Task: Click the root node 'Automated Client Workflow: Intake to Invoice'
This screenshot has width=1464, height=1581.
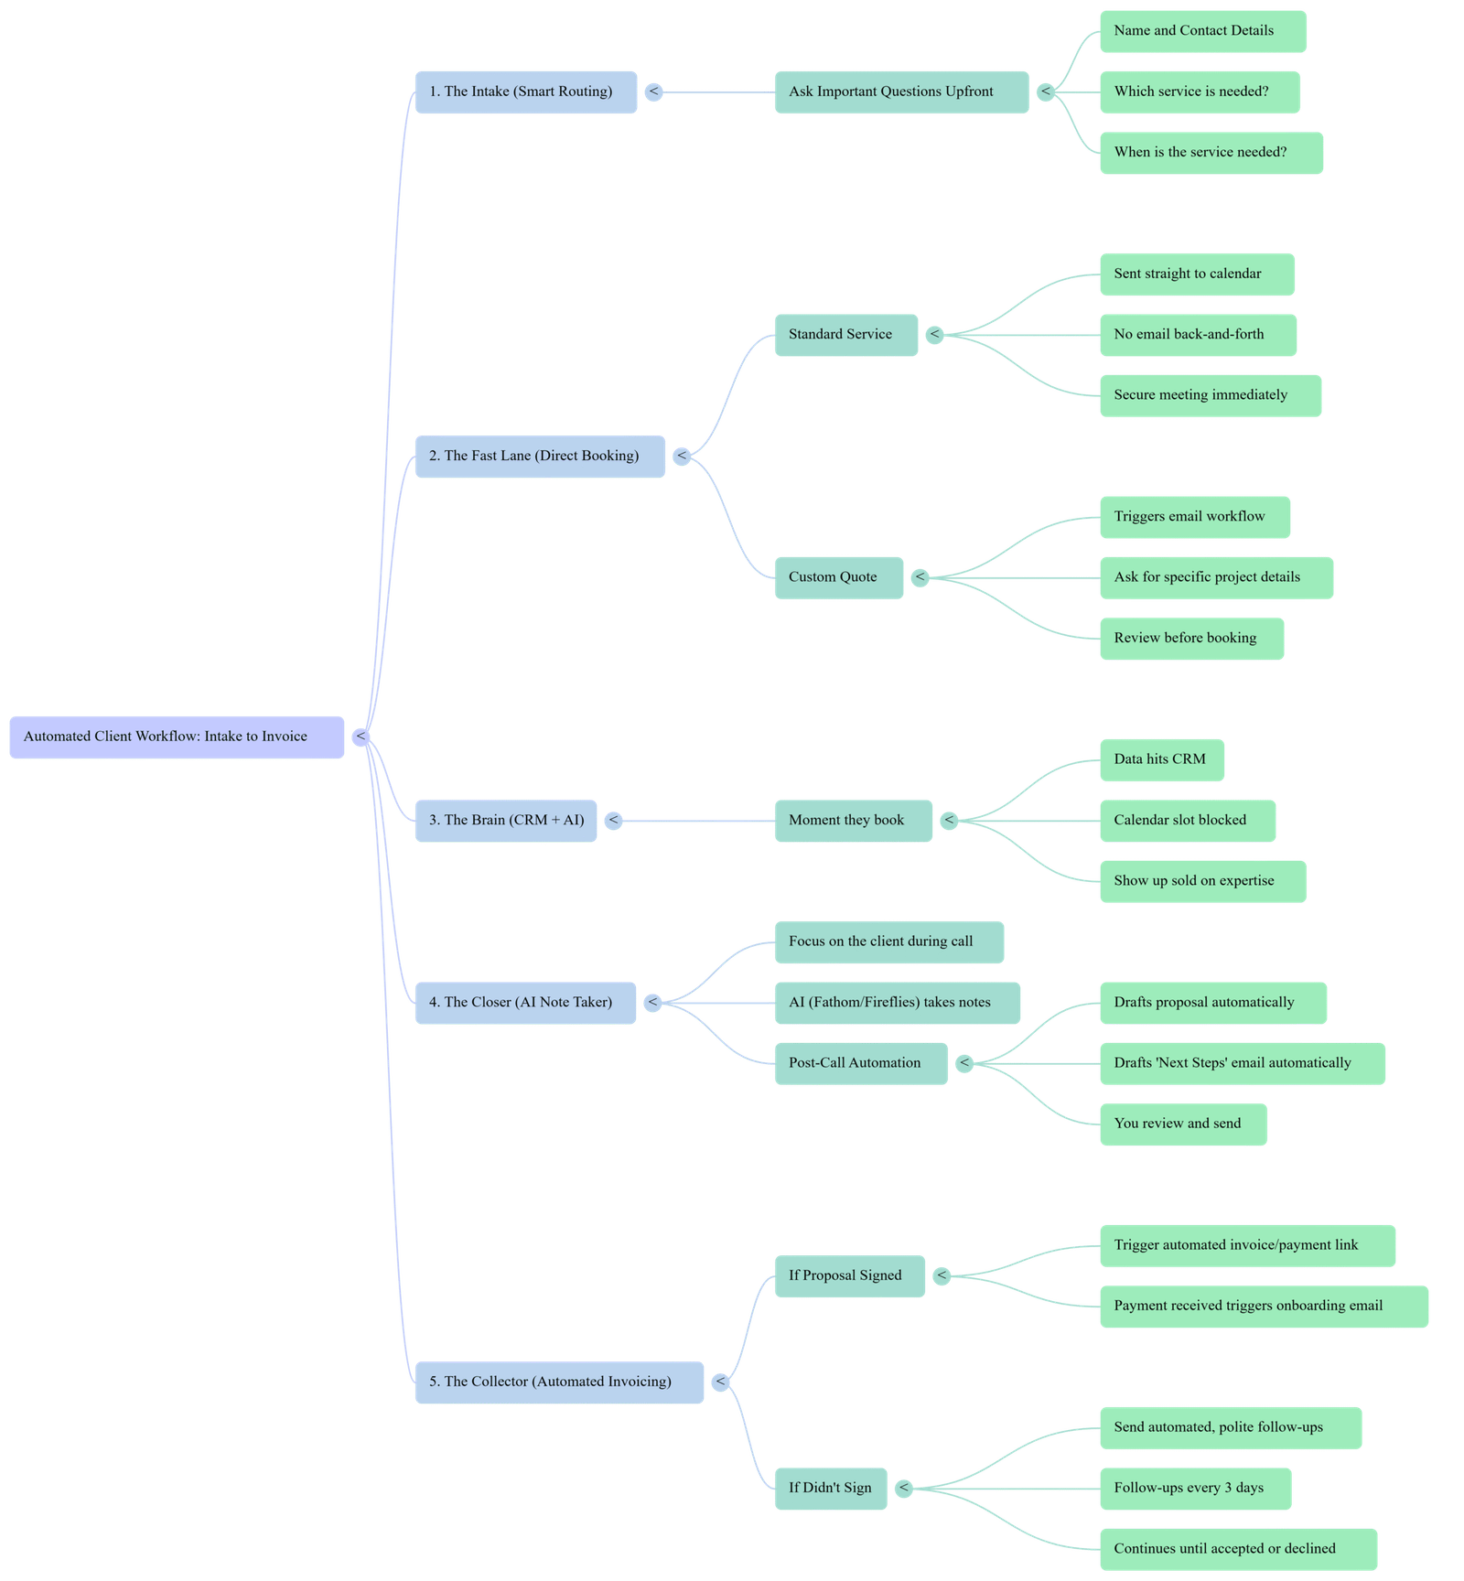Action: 177,737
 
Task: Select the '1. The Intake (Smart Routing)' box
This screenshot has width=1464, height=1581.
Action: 525,91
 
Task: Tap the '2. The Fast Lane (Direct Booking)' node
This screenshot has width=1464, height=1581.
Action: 540,456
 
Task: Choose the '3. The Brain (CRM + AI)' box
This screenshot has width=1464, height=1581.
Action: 506,820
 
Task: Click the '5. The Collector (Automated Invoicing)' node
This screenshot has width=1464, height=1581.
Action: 559,1382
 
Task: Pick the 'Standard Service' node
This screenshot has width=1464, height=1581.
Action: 845,334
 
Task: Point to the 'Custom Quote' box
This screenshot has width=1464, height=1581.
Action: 838,577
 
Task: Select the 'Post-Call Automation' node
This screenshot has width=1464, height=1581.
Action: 860,1063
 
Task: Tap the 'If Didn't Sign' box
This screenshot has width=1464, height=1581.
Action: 830,1488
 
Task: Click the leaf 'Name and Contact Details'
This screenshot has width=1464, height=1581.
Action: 1201,31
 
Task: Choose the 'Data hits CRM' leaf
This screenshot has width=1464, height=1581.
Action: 1161,759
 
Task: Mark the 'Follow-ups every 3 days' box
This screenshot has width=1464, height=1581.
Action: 1194,1488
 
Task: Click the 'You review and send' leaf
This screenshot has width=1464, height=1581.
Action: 1182,1124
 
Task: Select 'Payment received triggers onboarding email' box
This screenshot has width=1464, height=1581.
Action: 1263,1306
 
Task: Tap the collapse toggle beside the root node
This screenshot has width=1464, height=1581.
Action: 361,737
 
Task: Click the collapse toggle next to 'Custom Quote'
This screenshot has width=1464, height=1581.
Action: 920,577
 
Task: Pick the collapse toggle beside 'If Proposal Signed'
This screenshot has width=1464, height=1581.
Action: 941,1275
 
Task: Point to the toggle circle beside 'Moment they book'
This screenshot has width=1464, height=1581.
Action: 949,821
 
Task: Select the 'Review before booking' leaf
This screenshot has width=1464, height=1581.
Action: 1190,639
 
